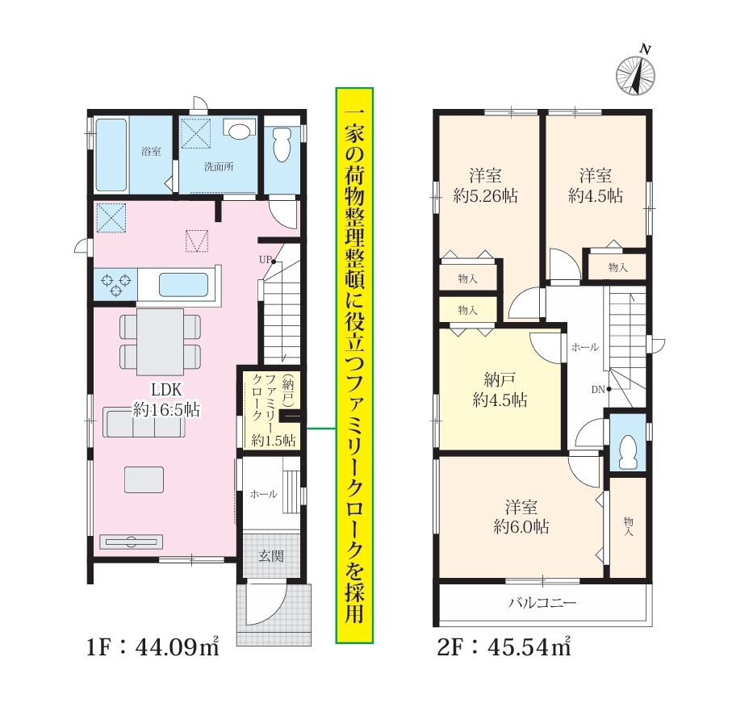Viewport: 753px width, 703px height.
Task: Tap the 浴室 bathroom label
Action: pyautogui.click(x=151, y=152)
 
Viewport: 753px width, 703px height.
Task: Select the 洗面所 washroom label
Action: pyautogui.click(x=219, y=167)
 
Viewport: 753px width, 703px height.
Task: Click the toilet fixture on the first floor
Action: pyautogui.click(x=282, y=144)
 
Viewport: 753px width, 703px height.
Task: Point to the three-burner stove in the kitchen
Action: pyautogui.click(x=115, y=284)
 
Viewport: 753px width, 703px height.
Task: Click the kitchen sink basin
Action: pyautogui.click(x=183, y=285)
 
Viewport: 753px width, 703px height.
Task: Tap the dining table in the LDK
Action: pyautogui.click(x=160, y=341)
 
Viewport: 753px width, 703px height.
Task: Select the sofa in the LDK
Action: pyautogui.click(x=144, y=423)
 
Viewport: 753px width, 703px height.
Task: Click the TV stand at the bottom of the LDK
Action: pyautogui.click(x=131, y=542)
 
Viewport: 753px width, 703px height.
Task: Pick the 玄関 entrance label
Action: pyautogui.click(x=271, y=556)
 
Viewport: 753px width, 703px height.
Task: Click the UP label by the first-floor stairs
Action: pyautogui.click(x=265, y=260)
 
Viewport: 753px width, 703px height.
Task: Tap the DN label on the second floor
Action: pyautogui.click(x=598, y=390)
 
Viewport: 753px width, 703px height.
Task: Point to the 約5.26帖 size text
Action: pyautogui.click(x=486, y=196)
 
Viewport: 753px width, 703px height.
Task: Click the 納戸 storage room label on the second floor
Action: pyautogui.click(x=500, y=380)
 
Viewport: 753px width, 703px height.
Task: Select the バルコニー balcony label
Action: pyautogui.click(x=542, y=602)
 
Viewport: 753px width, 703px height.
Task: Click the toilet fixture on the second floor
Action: pyautogui.click(x=628, y=451)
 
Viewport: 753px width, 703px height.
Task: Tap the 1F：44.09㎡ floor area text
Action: pyautogui.click(x=153, y=648)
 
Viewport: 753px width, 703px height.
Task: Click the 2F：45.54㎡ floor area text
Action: pyautogui.click(x=504, y=648)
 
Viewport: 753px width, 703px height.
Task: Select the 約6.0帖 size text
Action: pyautogui.click(x=521, y=527)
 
